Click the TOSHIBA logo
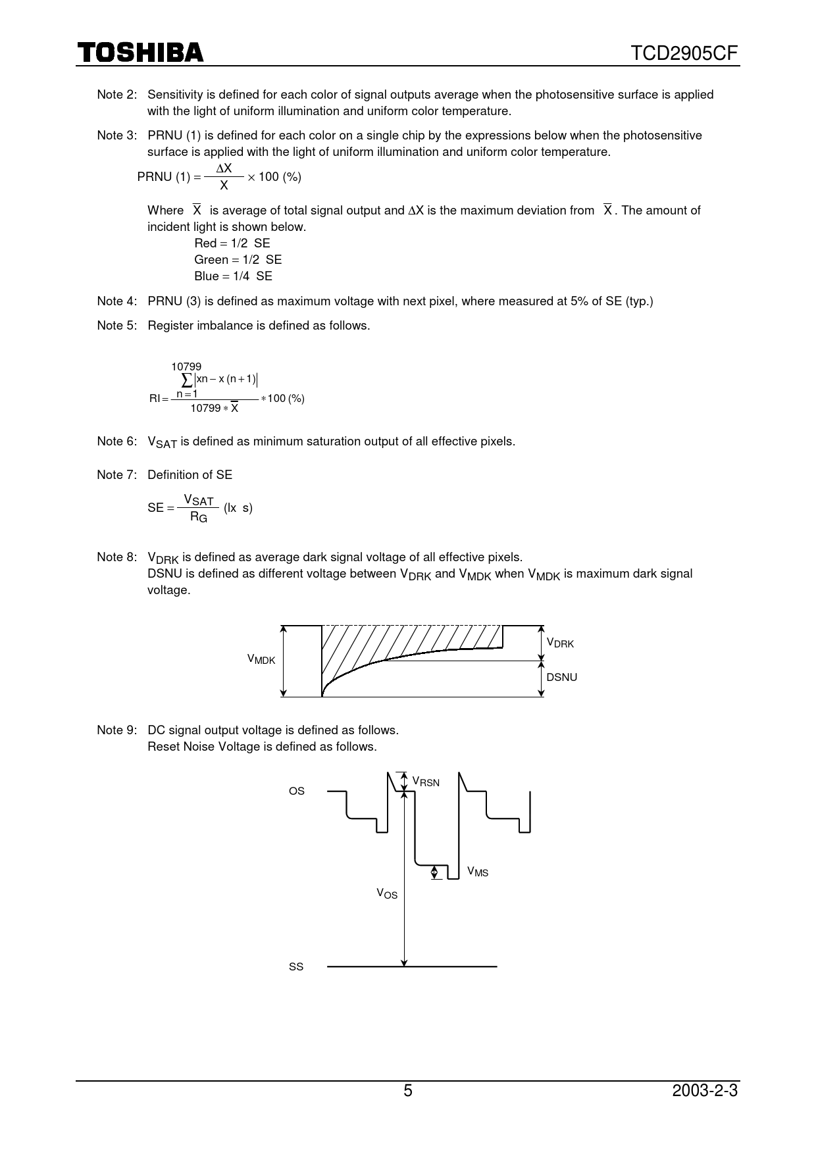(141, 52)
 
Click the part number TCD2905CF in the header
(685, 53)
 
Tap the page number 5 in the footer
(408, 1091)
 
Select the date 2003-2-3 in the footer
(705, 1091)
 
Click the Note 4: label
(117, 301)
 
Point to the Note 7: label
(117, 475)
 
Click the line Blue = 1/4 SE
(233, 276)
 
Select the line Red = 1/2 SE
(232, 243)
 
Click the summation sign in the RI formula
(186, 380)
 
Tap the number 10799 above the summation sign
(186, 366)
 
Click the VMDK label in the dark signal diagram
(261, 659)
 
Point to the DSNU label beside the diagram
(561, 678)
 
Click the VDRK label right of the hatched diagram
(560, 643)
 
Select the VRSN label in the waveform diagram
(426, 782)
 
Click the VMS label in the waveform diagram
(478, 872)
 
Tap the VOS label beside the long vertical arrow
(387, 893)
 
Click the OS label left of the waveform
(297, 791)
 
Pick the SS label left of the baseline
(296, 967)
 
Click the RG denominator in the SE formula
(198, 517)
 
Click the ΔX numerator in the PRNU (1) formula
(224, 168)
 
